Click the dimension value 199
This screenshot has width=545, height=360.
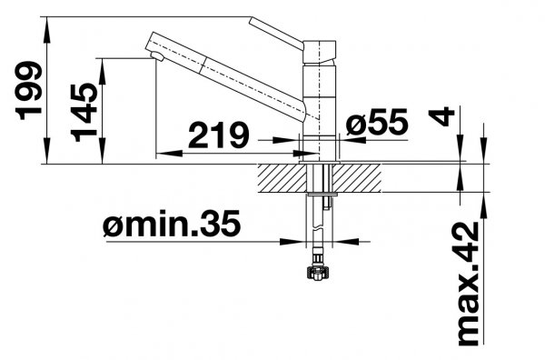(x=28, y=90)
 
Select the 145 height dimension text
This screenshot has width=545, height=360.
(x=84, y=113)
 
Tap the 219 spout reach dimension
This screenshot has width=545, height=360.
(x=219, y=135)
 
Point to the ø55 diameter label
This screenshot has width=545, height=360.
(x=377, y=122)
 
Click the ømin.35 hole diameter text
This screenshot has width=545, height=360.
(x=172, y=224)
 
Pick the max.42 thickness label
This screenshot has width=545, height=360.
(x=468, y=285)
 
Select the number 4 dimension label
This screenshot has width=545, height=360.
(x=441, y=116)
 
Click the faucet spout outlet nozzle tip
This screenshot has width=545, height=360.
(x=157, y=56)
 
